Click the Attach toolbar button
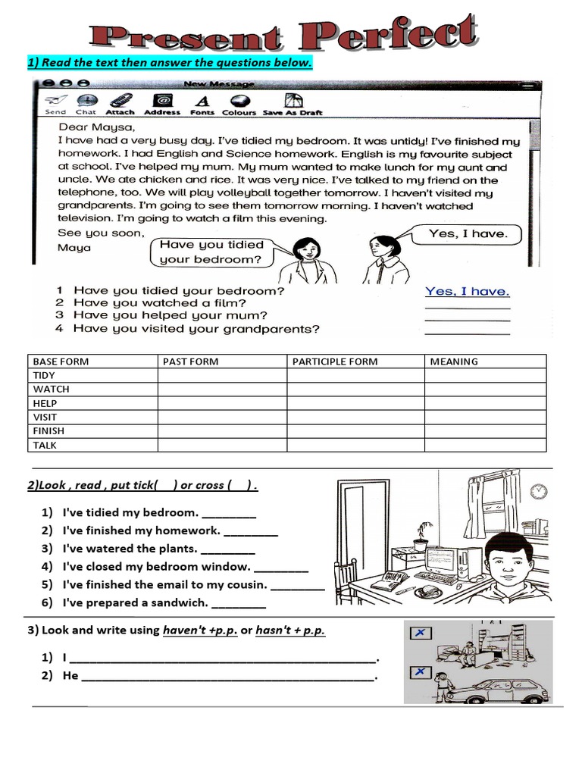pos(120,104)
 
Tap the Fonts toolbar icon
pos(202,104)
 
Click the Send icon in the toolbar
pos(55,104)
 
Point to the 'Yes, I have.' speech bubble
pos(468,234)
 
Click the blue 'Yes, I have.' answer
pos(467,291)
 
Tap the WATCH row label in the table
pos(52,389)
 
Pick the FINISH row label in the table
pos(49,430)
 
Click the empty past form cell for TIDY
pos(222,375)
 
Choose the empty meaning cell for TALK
pos(485,445)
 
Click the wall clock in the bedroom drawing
pos(539,491)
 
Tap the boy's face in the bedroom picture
pos(507,562)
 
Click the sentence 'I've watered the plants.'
pos(130,549)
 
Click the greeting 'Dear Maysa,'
pos(96,127)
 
